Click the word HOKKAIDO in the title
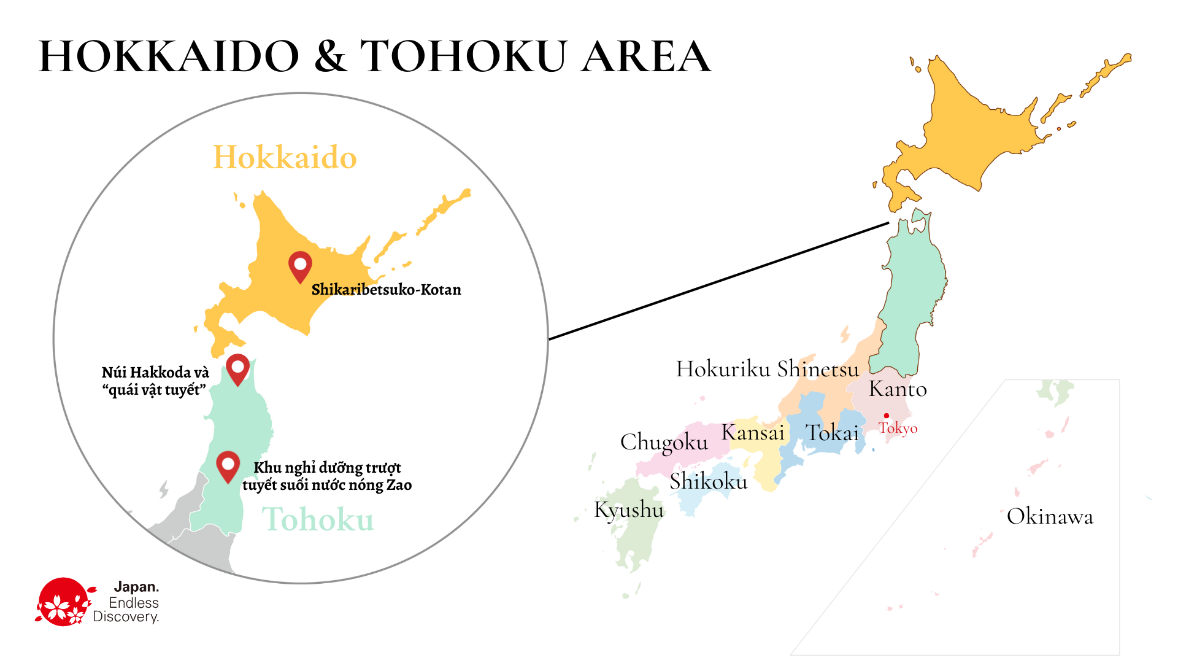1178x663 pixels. pos(169,56)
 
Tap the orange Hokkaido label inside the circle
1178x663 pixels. pos(285,157)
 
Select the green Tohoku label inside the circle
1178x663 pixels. pos(318,519)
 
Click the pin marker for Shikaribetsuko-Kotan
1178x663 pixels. pos(300,266)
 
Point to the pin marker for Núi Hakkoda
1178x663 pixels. pos(237,368)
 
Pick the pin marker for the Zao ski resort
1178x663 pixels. pos(228,465)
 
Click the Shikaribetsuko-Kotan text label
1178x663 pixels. pos(386,290)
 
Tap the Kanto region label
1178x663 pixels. pos(898,389)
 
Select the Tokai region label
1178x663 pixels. pos(832,433)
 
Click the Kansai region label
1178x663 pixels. pos(753,432)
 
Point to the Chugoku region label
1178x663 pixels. pos(664,442)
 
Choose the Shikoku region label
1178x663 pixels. pos(709,481)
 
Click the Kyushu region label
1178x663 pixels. pos(629,510)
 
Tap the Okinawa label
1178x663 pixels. pos(1050,517)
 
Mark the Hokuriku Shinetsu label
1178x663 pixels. pos(767,369)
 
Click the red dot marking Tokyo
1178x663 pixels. pos(887,416)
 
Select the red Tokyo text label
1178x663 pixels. pos(898,428)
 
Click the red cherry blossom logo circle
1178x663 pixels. pos(63,602)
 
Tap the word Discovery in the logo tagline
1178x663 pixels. pos(126,617)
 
